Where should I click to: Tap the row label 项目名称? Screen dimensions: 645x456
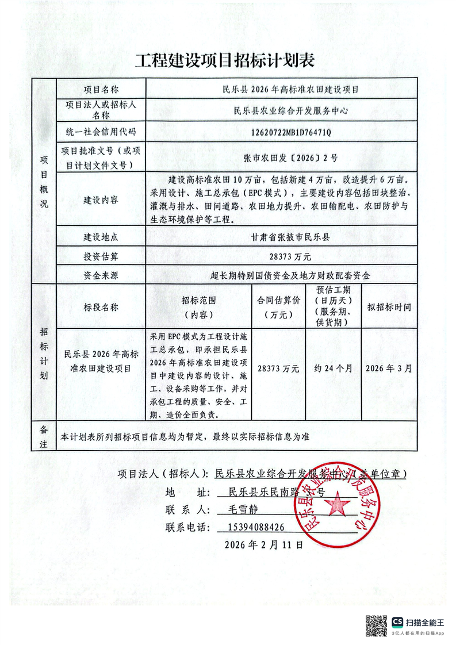101,90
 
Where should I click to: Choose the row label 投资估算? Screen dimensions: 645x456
101,256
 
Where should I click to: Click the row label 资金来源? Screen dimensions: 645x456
101,276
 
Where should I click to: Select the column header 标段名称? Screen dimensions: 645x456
101,307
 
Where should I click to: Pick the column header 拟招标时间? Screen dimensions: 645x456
389,307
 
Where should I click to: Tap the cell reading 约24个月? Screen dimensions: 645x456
334,368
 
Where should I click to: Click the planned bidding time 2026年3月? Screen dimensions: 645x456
389,368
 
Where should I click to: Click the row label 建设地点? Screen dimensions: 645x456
101,237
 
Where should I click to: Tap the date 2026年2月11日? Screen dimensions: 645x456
264,544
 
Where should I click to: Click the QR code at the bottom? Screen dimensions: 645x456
377,625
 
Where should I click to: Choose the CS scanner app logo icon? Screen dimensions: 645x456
397,622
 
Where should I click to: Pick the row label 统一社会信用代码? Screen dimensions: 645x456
101,132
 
